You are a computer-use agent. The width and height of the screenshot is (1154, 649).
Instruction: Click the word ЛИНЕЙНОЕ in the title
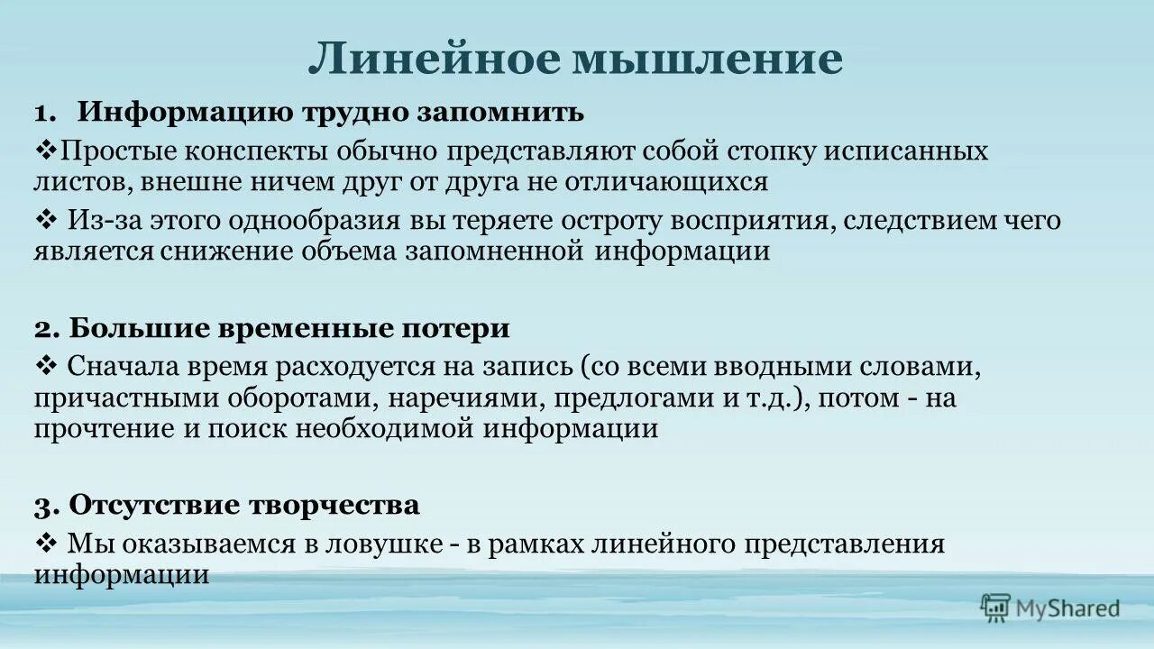(x=434, y=59)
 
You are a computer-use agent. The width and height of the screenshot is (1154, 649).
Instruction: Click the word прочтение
(x=101, y=429)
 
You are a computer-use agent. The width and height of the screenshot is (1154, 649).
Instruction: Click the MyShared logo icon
(x=995, y=608)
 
